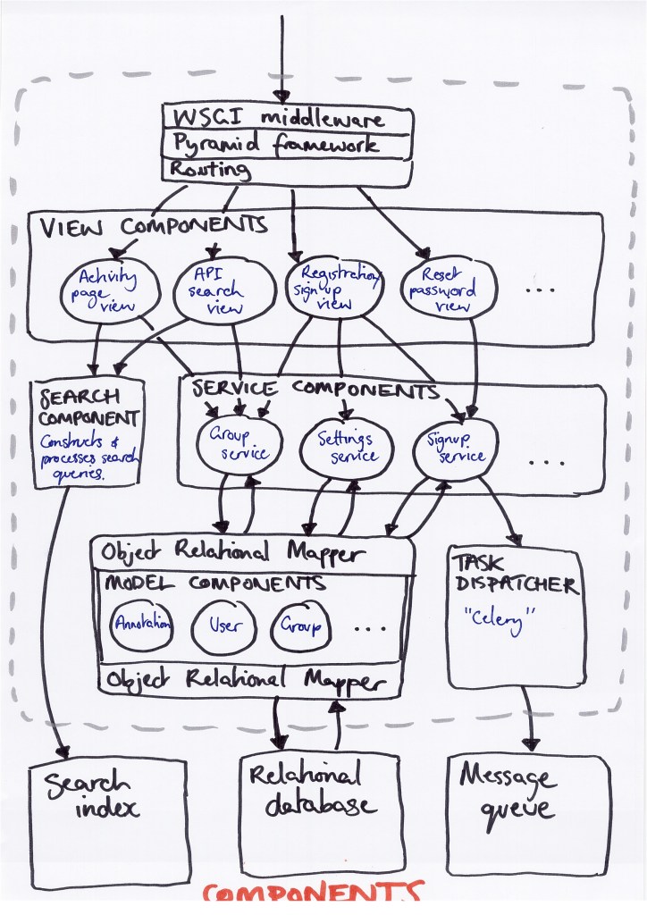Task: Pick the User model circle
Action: pyautogui.click(x=223, y=624)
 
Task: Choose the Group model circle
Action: pyautogui.click(x=300, y=624)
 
